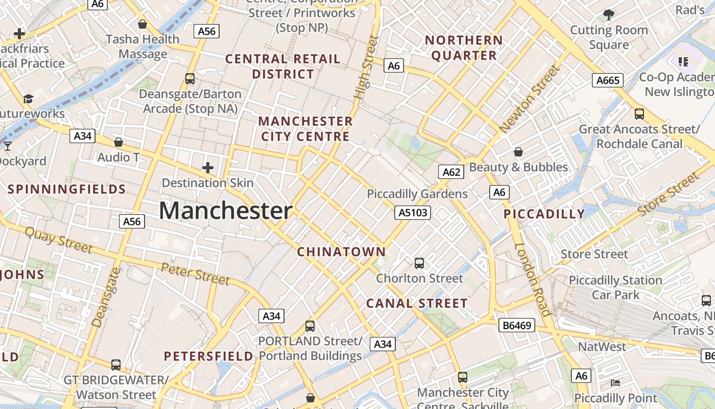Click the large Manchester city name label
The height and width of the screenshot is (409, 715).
coord(225,211)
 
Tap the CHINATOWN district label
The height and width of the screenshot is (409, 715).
coord(341,252)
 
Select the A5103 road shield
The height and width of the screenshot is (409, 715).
coord(412,213)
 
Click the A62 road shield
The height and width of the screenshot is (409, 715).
coord(451,172)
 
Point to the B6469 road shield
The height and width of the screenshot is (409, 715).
coord(516,325)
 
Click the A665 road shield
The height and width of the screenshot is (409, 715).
coord(608,80)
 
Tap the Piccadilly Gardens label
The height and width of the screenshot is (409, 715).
coord(417,194)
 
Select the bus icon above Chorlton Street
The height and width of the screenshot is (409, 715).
coord(419,263)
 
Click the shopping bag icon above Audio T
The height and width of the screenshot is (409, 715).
coord(118,142)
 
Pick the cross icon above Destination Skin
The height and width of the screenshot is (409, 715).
coord(208,168)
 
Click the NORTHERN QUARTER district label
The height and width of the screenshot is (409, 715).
coord(464,48)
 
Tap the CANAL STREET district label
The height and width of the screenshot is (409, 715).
coord(417,303)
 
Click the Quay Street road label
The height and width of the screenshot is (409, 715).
coord(59,240)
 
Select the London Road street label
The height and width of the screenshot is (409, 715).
coord(533,280)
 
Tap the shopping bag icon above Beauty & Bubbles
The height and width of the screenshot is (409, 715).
coord(518,152)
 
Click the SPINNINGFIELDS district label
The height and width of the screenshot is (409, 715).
coord(67,189)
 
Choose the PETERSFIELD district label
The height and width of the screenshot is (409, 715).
coord(208,356)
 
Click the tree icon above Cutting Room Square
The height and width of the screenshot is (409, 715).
coord(608,14)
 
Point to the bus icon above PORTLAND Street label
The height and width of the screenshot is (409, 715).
coord(310,326)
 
